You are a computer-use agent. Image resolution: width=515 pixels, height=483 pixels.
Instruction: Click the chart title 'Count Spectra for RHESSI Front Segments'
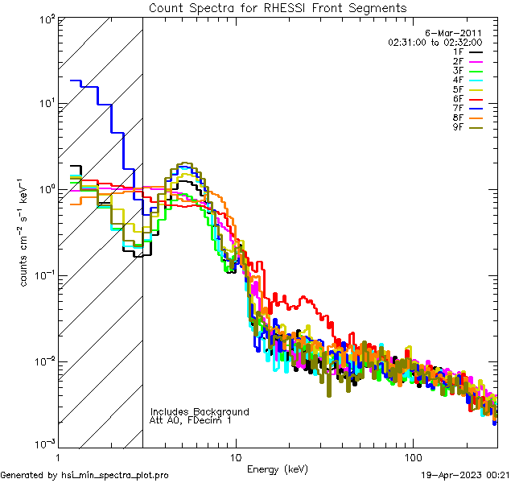pyautogui.click(x=278, y=7)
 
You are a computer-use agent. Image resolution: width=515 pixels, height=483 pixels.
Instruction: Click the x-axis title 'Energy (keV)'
pyautogui.click(x=278, y=469)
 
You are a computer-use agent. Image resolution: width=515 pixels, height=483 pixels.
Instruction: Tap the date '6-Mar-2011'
pyautogui.click(x=459, y=32)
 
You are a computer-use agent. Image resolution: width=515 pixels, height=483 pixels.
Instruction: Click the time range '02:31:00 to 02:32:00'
pyautogui.click(x=435, y=42)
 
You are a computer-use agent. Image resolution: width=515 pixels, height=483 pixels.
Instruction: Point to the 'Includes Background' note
pyautogui.click(x=200, y=411)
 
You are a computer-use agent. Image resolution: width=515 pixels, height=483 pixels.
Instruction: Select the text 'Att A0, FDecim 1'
pyautogui.click(x=190, y=420)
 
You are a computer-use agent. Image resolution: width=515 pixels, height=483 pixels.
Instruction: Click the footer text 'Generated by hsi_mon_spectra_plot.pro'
pyautogui.click(x=84, y=475)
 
